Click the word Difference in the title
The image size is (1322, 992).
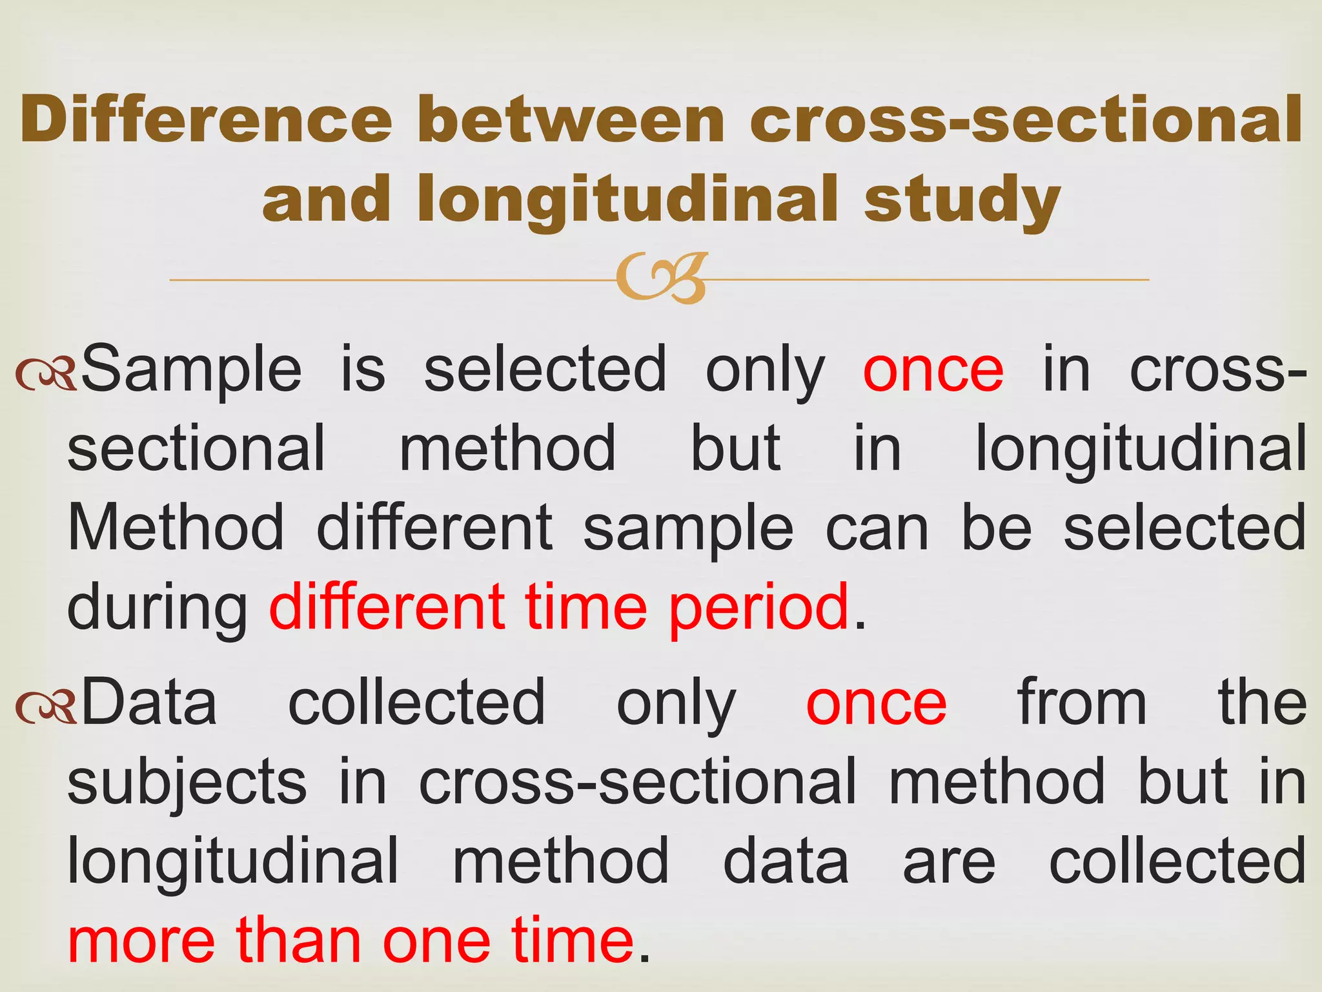pyautogui.click(x=206, y=119)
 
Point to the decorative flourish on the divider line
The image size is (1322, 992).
pyautogui.click(x=662, y=278)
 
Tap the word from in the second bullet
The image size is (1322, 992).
pyautogui.click(x=1082, y=703)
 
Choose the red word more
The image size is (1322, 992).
pyautogui.click(x=141, y=942)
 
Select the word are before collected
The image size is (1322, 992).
pyautogui.click(x=948, y=863)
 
